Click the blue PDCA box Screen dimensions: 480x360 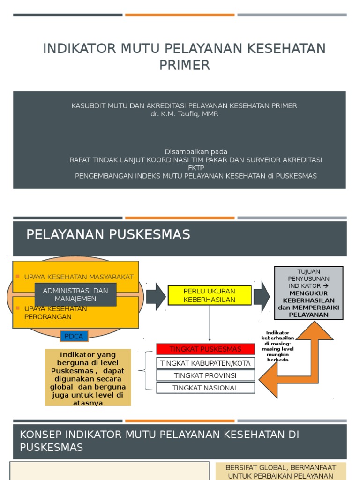pos(74,336)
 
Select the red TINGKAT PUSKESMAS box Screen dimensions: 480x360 pos(205,349)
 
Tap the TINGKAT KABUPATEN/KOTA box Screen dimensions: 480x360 pos(205,363)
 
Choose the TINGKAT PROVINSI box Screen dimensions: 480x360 pos(205,375)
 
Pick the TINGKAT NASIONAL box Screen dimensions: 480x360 pos(205,388)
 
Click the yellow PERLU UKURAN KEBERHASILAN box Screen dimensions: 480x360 pos(210,295)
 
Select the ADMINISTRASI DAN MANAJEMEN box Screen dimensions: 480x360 pos(75,294)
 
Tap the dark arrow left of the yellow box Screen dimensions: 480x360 pos(156,296)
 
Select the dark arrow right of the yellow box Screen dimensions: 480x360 pos(262,296)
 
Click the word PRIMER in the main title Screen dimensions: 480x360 pos(184,65)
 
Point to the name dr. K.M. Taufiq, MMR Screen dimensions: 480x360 pos(184,114)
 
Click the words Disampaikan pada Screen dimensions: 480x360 pos(196,152)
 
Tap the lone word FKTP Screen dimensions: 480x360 pos(196,168)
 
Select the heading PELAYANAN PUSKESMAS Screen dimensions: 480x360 pos(108,234)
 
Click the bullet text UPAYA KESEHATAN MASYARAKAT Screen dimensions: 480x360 pos(79,277)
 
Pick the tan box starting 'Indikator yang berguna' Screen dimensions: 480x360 pos(88,377)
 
